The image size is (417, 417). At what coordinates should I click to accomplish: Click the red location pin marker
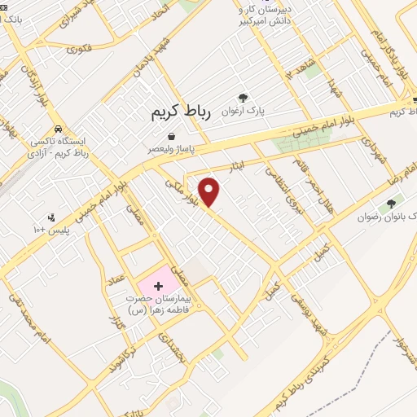[x=210, y=191]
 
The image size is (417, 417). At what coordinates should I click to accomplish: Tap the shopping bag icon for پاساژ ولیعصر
[x=171, y=136]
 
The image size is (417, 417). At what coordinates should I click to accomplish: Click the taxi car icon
[x=58, y=129]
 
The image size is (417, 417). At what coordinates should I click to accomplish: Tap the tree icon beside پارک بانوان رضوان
[x=392, y=203]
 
